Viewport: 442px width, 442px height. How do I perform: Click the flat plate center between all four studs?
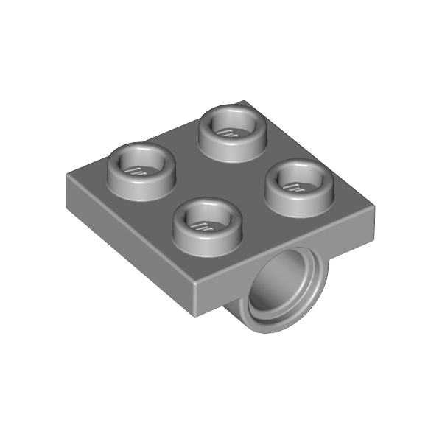220,177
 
